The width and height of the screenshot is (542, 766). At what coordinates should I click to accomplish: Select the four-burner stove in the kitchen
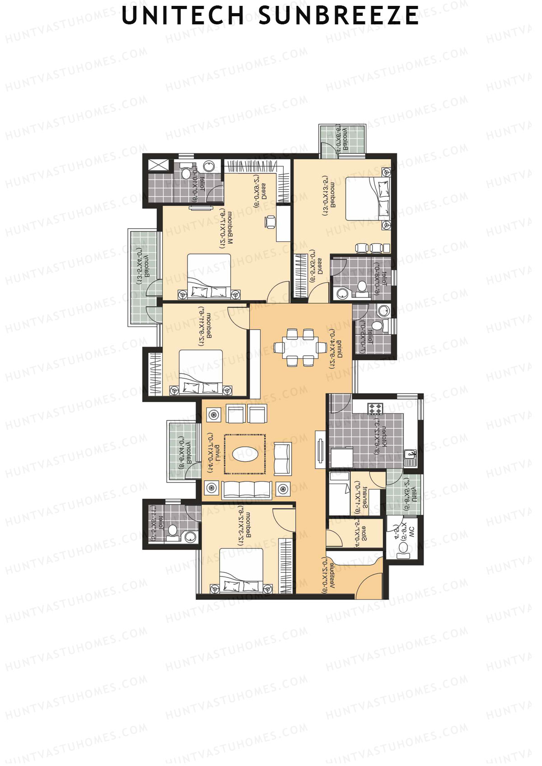(375, 409)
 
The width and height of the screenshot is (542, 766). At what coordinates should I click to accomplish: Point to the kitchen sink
(410, 456)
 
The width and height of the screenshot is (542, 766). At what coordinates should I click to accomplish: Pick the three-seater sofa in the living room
(247, 489)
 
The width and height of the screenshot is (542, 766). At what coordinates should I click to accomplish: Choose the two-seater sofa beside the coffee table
(282, 459)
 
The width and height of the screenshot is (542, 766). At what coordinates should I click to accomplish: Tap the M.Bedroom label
(229, 228)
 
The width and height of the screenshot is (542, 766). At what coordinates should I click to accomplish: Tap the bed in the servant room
(339, 499)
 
